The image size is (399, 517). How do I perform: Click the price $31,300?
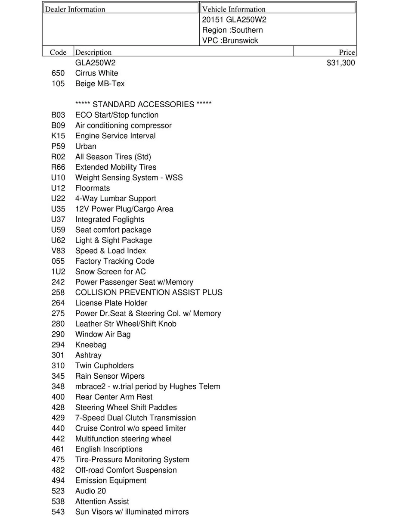point(341,63)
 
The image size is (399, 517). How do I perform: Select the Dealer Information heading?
point(75,9)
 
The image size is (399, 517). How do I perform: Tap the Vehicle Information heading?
point(234,9)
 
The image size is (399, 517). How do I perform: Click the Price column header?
point(346,53)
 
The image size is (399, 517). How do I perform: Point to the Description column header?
point(93,53)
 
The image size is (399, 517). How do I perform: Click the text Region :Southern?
point(232,30)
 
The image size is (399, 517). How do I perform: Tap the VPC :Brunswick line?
point(230,41)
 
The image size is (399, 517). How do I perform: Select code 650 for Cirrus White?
point(58,73)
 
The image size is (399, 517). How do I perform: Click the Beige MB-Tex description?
point(100,84)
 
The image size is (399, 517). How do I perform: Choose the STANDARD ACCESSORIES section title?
point(143,105)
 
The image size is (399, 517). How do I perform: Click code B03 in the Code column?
point(58,115)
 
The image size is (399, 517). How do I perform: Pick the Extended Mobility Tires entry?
point(116,167)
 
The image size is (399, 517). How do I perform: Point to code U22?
point(58,199)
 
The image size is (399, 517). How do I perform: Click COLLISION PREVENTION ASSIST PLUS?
point(148,293)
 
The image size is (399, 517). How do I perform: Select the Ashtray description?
point(88,355)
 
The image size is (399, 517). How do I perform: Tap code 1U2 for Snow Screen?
point(58,272)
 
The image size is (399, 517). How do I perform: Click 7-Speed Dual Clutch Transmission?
point(135,418)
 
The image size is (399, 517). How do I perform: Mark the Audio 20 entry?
point(90,491)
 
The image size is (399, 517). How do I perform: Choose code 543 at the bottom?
point(58,512)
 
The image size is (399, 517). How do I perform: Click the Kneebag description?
point(90,345)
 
